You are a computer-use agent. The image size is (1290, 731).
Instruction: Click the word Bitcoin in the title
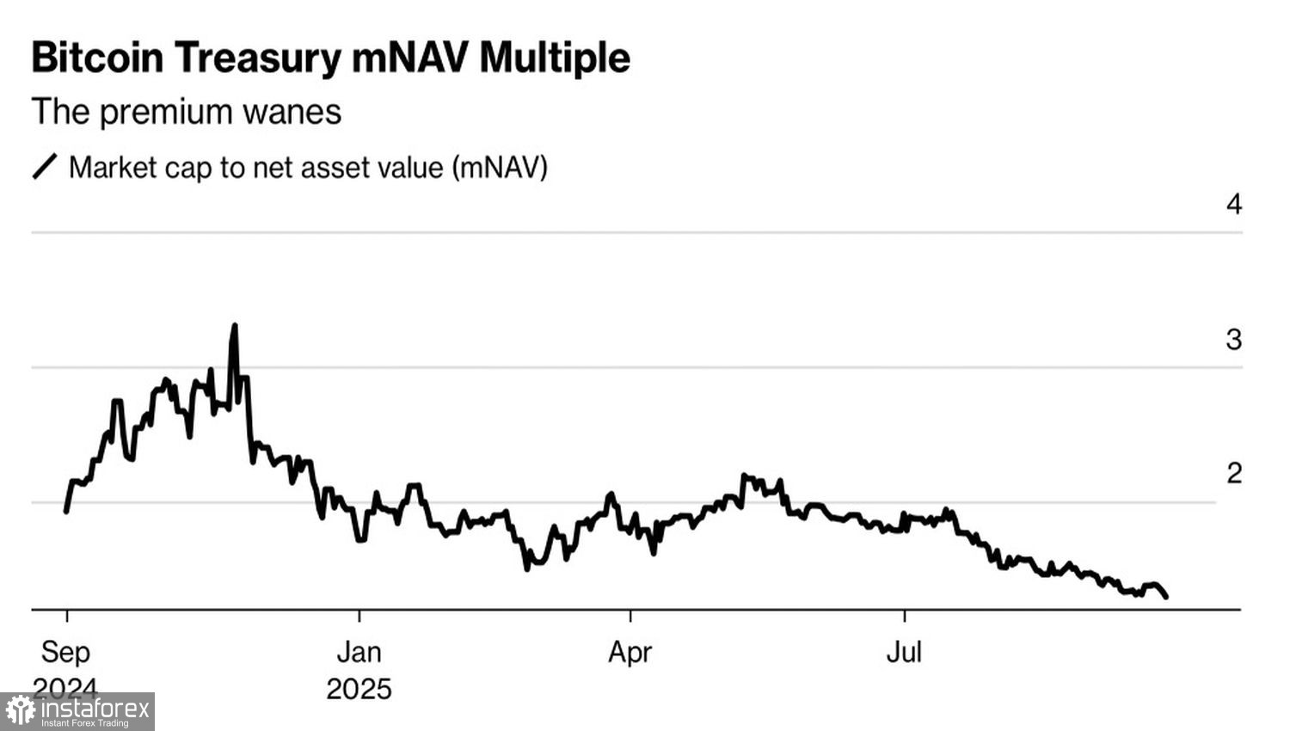click(x=97, y=58)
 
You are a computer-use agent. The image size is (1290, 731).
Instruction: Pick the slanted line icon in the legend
click(x=45, y=167)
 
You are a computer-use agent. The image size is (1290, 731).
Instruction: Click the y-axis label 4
click(x=1234, y=205)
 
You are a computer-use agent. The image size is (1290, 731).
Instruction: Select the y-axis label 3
click(x=1234, y=340)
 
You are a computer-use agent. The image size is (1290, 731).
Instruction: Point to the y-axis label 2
click(x=1234, y=473)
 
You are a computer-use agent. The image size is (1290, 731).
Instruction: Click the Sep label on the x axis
click(x=65, y=652)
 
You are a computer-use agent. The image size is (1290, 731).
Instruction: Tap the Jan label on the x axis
click(x=359, y=652)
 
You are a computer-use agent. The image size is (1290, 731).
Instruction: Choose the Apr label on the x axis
click(x=630, y=652)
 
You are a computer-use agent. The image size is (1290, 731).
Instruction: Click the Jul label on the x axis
click(x=904, y=652)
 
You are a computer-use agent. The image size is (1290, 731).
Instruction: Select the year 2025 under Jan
click(x=359, y=689)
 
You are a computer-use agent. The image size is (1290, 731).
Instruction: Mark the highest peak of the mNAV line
click(x=235, y=326)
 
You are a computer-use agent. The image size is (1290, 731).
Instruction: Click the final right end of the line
click(x=1166, y=596)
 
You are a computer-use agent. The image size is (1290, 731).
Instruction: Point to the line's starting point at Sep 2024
click(x=66, y=512)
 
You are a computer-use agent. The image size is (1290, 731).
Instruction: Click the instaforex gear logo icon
click(x=20, y=711)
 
